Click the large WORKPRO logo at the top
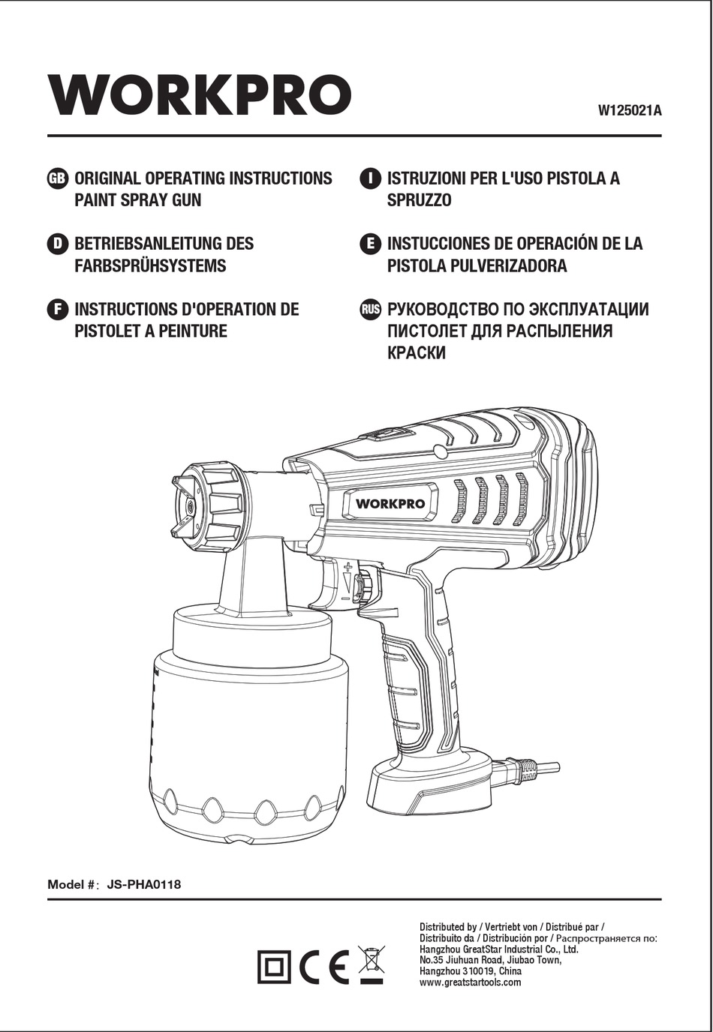(200, 95)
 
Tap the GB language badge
(58, 178)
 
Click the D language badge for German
(57, 244)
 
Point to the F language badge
(57, 310)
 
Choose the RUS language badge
(371, 310)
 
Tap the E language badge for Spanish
(370, 244)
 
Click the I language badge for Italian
(370, 178)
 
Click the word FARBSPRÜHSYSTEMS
(150, 266)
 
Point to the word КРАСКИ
(417, 353)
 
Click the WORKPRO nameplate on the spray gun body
(390, 503)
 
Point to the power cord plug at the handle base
(525, 767)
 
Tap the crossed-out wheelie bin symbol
(371, 964)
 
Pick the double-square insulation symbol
(275, 967)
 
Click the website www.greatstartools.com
(470, 982)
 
